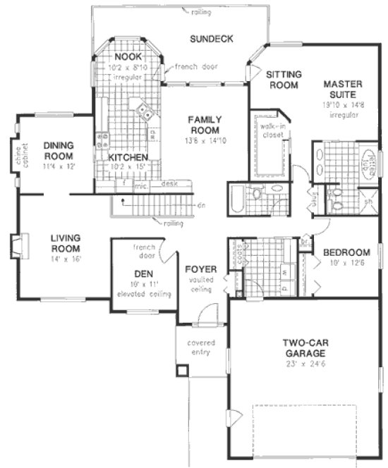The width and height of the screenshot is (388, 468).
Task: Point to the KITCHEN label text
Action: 128,157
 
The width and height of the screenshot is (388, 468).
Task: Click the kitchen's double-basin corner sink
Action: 145,109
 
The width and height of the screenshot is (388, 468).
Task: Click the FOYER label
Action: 200,269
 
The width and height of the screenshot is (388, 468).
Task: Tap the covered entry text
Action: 200,348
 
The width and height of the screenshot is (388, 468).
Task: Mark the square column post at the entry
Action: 182,370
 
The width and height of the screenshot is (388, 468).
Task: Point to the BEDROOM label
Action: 346,252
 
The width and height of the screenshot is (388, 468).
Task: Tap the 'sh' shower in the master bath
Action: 367,201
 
